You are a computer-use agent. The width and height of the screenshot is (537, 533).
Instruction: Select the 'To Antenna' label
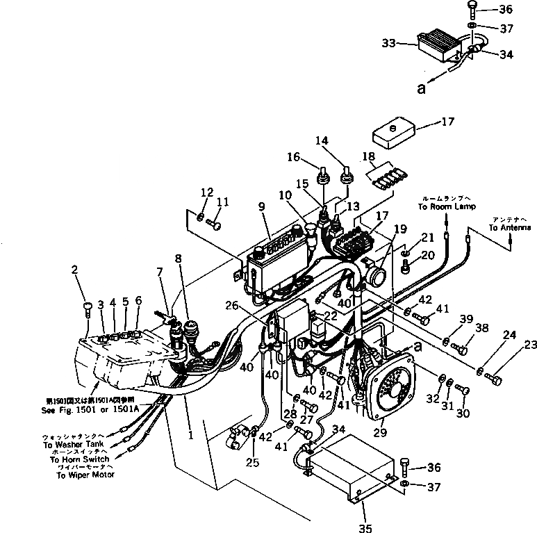click(510, 228)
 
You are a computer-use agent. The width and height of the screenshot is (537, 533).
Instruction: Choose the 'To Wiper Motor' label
click(86, 475)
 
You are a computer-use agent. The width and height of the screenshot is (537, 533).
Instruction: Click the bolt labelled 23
click(495, 379)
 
